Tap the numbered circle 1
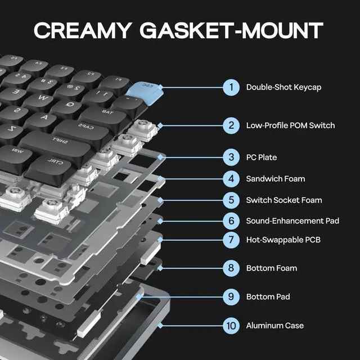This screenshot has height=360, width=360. point(231,87)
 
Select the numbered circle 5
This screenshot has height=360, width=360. point(231,200)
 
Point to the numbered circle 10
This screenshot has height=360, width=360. point(231,325)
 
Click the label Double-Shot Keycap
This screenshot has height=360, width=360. point(276,87)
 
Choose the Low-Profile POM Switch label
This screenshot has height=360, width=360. point(290,125)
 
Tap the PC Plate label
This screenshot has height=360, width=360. point(262,157)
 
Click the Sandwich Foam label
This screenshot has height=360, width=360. point(276,179)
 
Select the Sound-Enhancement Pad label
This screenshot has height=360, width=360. point(292,220)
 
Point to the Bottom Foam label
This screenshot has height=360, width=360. point(272,268)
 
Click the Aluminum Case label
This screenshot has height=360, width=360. point(275,325)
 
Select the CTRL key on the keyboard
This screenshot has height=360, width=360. point(52,164)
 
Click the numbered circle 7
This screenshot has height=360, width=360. point(231,240)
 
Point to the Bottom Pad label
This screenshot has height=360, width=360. point(268,296)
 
